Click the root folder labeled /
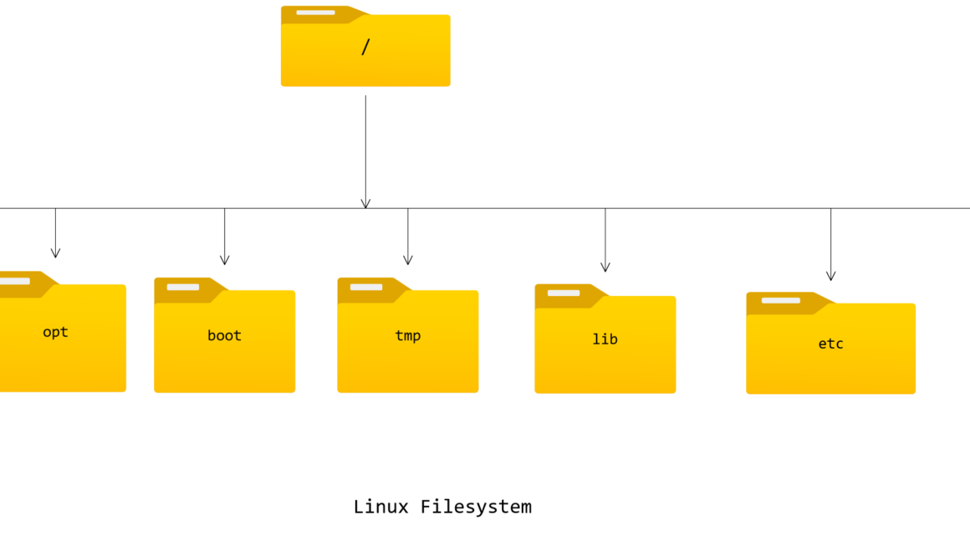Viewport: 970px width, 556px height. pyautogui.click(x=365, y=50)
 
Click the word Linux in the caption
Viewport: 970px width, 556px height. pyautogui.click(x=380, y=507)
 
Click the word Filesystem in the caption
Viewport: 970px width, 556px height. pyautogui.click(x=476, y=507)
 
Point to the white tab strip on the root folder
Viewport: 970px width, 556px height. pyautogui.click(x=315, y=13)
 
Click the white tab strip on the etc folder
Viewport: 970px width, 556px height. pyautogui.click(x=780, y=300)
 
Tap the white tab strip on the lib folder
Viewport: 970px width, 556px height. pyautogui.click(x=564, y=293)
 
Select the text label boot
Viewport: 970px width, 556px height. pyautogui.click(x=224, y=336)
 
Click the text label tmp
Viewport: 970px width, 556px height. pyautogui.click(x=407, y=336)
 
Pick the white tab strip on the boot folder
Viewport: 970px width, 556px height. pyautogui.click(x=182, y=287)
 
